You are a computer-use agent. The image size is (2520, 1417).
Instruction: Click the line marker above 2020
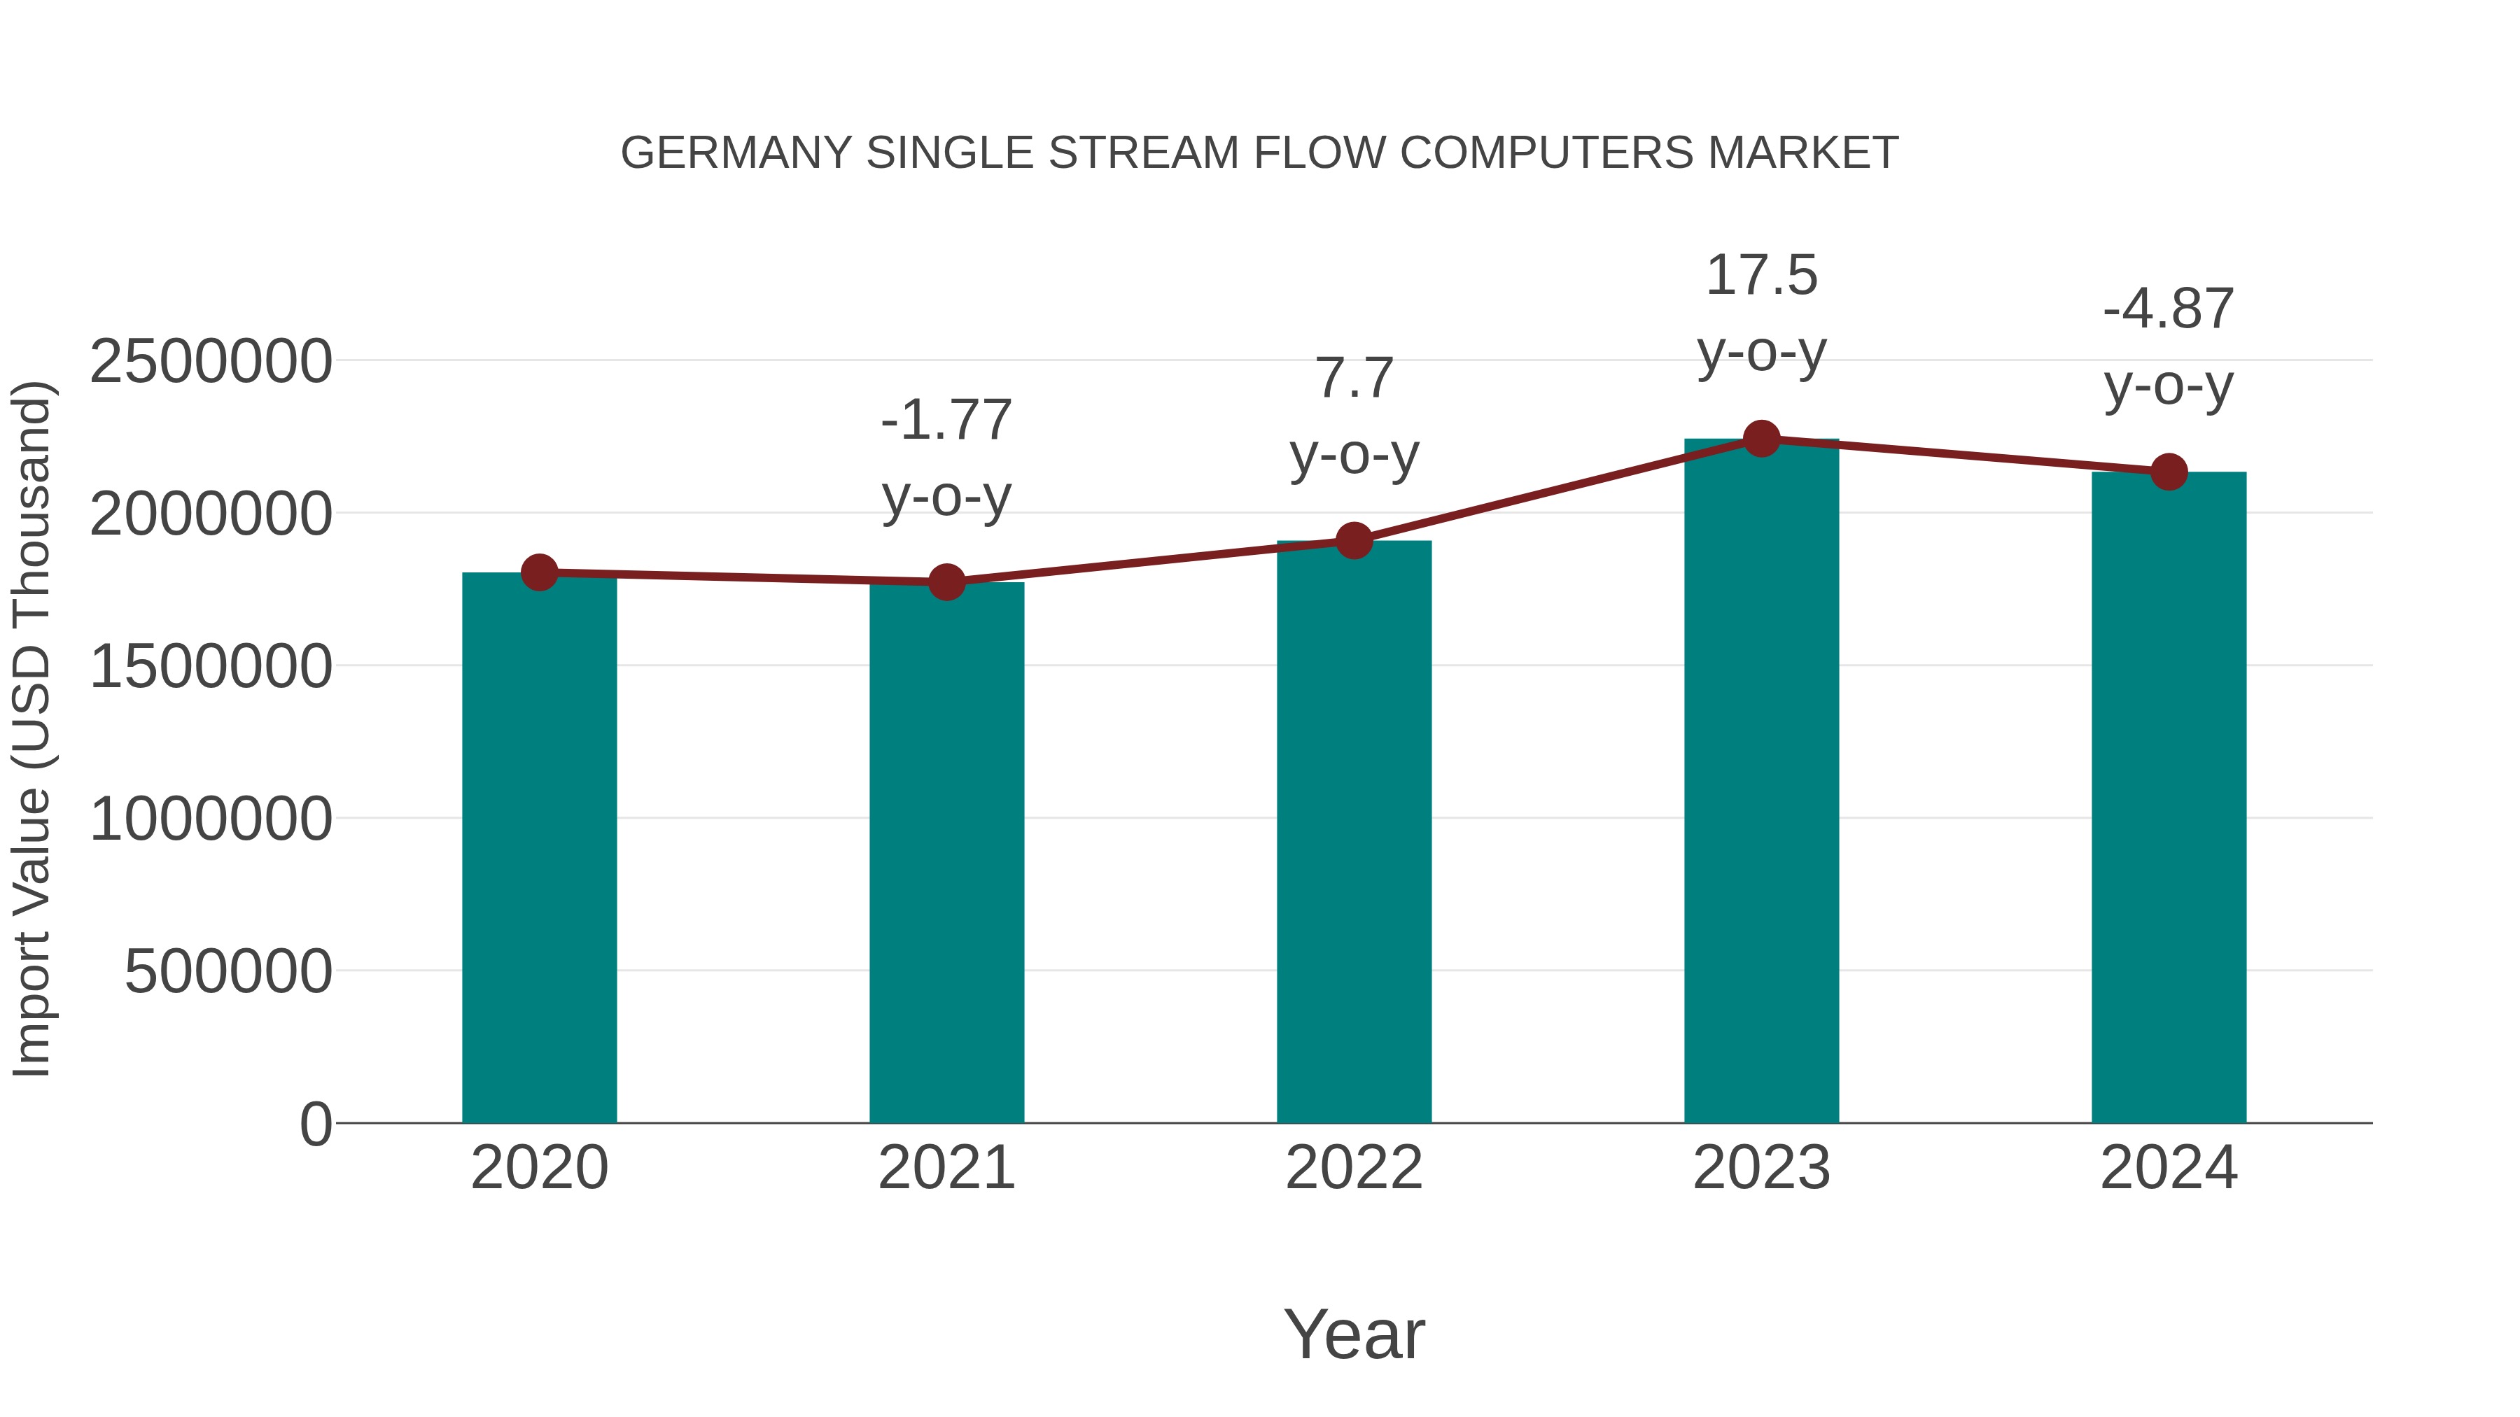539,572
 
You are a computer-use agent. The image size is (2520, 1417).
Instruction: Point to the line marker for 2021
946,582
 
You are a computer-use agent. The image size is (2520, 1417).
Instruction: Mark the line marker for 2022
1354,540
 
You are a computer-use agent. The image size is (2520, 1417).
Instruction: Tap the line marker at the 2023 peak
1761,439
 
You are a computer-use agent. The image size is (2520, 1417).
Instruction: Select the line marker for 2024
2169,472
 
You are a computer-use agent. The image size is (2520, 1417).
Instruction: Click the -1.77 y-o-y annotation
946,458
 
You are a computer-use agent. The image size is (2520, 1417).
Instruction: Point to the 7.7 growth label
1354,416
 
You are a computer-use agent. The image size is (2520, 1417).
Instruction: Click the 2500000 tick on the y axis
210,362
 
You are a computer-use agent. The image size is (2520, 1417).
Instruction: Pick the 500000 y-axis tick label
228,972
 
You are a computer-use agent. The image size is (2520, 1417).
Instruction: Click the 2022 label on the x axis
1354,1168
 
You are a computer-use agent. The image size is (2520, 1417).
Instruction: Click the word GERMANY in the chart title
736,153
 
